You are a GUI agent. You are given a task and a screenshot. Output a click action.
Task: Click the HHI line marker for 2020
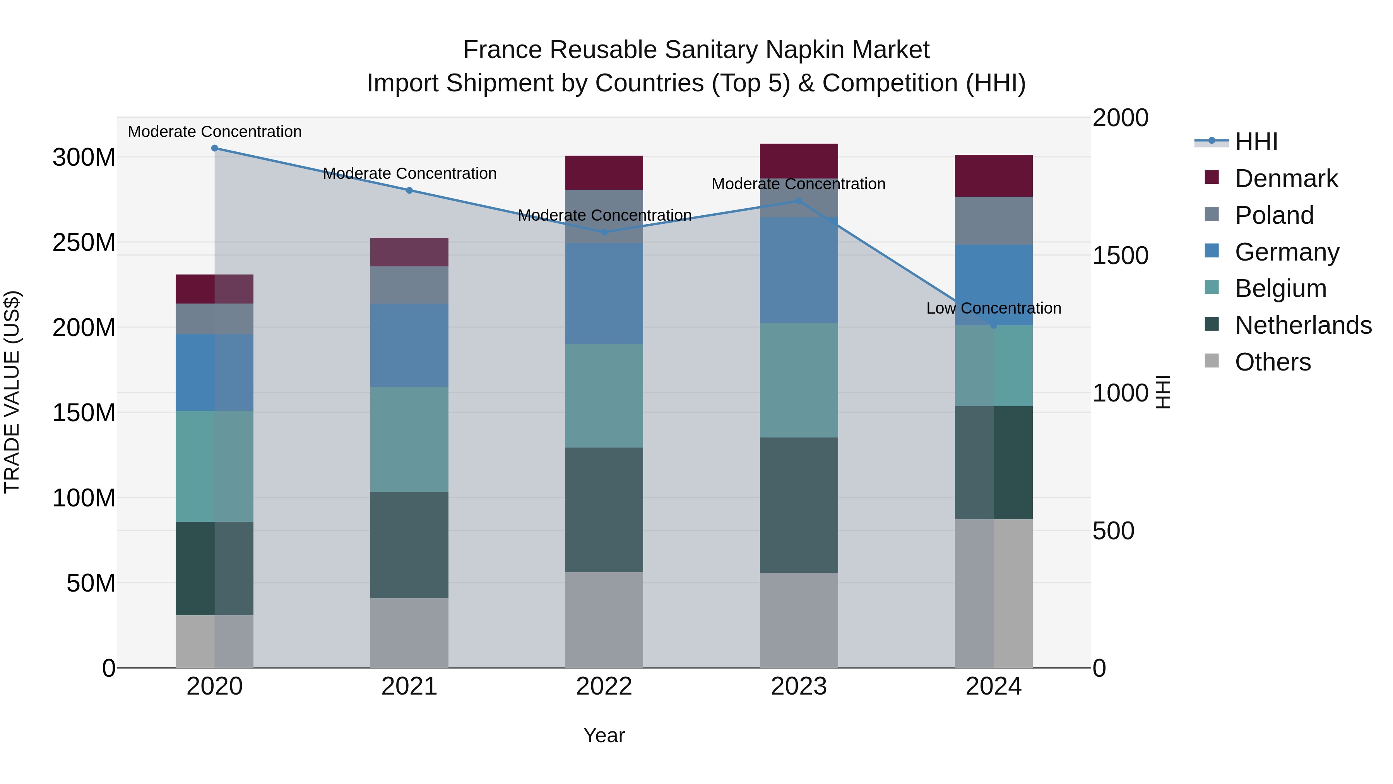pyautogui.click(x=215, y=148)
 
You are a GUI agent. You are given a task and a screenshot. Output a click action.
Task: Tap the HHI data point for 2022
pyautogui.click(x=604, y=232)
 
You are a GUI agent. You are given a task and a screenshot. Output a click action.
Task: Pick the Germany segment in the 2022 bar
pyautogui.click(x=604, y=293)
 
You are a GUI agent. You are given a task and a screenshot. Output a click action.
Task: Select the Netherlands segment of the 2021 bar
pyautogui.click(x=409, y=544)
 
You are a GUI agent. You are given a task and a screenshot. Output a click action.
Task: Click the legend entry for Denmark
pyautogui.click(x=1286, y=178)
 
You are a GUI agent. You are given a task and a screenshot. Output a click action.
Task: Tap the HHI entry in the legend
pyautogui.click(x=1256, y=142)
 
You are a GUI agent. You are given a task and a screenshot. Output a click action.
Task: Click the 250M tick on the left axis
pyautogui.click(x=84, y=242)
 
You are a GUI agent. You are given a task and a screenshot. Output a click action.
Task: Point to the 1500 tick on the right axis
pyautogui.click(x=1120, y=256)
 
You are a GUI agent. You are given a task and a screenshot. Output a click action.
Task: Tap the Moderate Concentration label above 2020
pyautogui.click(x=215, y=132)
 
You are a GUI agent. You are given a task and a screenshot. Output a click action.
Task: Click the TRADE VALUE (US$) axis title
pyautogui.click(x=12, y=392)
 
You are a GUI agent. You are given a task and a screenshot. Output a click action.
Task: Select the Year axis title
pyautogui.click(x=604, y=735)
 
